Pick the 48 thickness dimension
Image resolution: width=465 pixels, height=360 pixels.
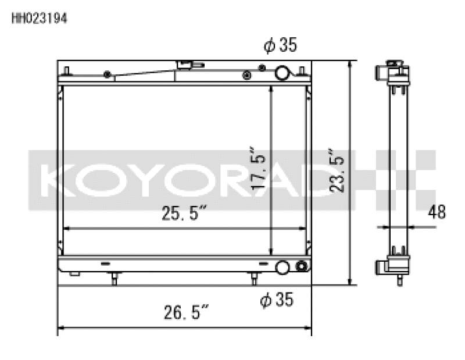(x=437, y=212)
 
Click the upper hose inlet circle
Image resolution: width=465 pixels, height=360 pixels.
(x=282, y=73)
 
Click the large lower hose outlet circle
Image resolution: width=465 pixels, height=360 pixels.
(x=282, y=267)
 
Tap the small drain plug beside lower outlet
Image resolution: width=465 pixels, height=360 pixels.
(x=301, y=267)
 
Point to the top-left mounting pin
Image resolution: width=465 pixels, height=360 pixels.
(x=67, y=72)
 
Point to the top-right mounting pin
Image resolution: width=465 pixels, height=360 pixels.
(x=302, y=72)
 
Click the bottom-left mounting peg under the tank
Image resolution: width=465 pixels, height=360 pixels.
(x=114, y=279)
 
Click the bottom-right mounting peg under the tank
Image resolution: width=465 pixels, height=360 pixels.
(x=253, y=279)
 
